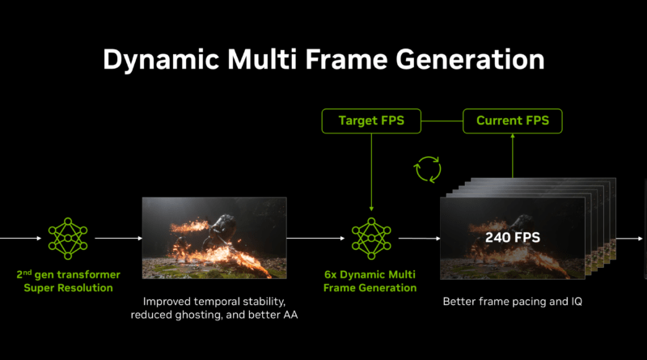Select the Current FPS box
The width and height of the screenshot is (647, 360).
[512, 121]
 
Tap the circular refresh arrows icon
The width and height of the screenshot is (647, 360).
[427, 170]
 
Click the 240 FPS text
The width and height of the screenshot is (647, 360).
[513, 238]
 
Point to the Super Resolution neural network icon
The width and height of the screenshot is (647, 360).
[69, 238]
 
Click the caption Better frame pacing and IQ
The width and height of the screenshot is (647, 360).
[513, 301]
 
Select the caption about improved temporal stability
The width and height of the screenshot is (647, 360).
[214, 307]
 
